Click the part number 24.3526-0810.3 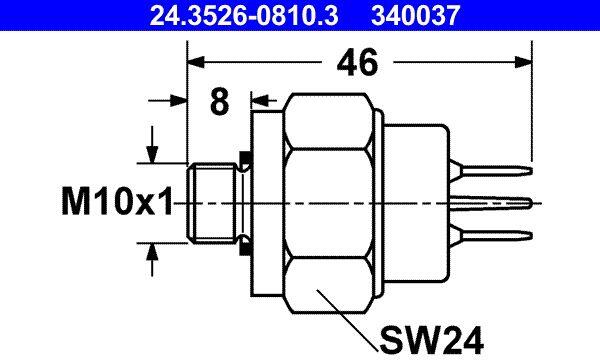click(x=244, y=15)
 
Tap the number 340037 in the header click(x=415, y=15)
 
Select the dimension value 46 click(x=357, y=62)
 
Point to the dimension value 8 click(x=220, y=101)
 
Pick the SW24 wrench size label click(x=431, y=340)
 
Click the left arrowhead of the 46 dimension click(x=196, y=62)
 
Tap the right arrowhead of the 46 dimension click(x=523, y=62)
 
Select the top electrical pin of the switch click(x=491, y=170)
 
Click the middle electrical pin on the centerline click(x=491, y=202)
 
